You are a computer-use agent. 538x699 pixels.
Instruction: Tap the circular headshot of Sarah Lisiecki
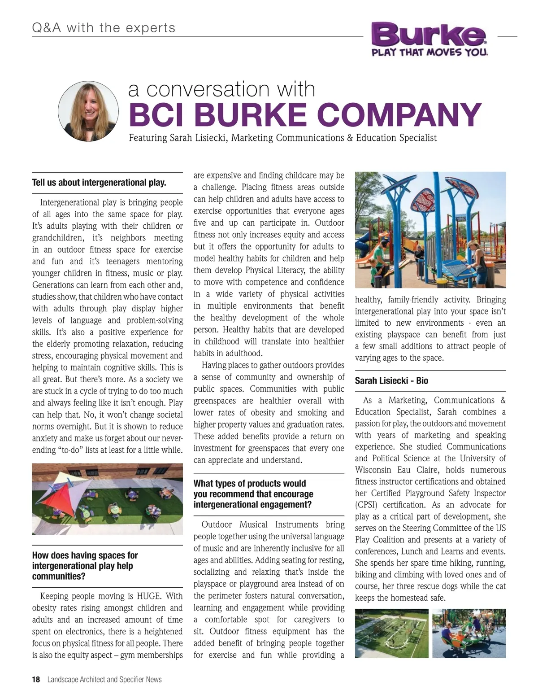[x=88, y=111]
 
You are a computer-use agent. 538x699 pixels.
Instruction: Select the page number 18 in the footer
[x=36, y=679]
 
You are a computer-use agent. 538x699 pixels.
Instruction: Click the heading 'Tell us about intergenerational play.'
[x=99, y=183]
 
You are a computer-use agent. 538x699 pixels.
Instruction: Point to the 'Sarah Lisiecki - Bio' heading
[x=391, y=380]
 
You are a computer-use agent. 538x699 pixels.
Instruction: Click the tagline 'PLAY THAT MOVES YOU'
[x=430, y=52]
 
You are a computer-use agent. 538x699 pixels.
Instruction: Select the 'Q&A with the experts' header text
[x=104, y=28]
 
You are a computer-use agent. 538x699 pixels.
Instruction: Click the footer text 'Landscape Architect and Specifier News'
[x=104, y=679]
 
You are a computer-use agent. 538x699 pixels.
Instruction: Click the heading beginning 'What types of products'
[x=253, y=494]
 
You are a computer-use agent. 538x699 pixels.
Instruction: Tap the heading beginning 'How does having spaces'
[x=85, y=566]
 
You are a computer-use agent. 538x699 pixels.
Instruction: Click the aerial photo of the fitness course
[x=391, y=633]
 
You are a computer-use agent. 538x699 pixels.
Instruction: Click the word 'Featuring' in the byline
[x=148, y=138]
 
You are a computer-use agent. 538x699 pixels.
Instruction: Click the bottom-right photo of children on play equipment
[x=469, y=633]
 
